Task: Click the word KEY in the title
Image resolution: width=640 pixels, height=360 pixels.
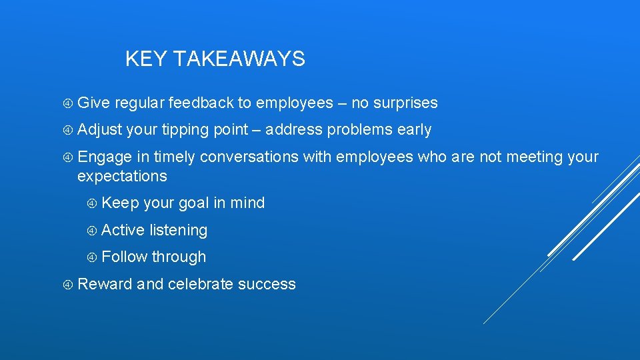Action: pos(147,59)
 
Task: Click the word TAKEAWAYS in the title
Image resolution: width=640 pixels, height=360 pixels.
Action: pos(240,59)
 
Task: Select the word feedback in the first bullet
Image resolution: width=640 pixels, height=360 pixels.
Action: pos(201,103)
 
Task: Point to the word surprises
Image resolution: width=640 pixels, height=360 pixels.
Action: pos(405,103)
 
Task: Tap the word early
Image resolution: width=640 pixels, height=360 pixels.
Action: pos(414,129)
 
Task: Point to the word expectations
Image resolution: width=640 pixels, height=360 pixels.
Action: pos(122,176)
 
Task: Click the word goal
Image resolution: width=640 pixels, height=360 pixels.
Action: pos(193,203)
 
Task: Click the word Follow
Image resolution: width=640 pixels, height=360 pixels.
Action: pos(125,257)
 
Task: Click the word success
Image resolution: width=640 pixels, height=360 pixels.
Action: pos(267,284)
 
